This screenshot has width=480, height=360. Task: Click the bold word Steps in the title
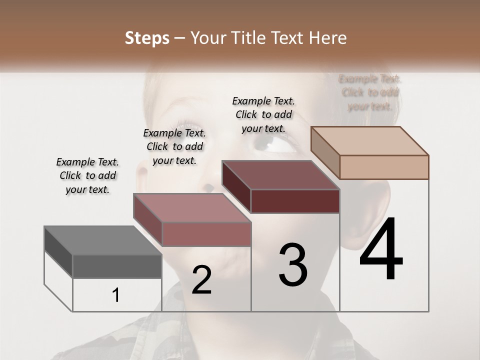(147, 38)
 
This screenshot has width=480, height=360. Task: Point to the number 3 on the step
(293, 265)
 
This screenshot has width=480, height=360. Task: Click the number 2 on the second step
(201, 280)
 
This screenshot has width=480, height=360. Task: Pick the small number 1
(116, 295)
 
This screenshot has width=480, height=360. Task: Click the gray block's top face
(102, 241)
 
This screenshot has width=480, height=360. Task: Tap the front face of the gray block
(117, 266)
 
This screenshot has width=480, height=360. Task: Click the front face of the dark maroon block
(295, 201)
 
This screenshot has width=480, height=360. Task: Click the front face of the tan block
(384, 167)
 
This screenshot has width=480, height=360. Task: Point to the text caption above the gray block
(87, 175)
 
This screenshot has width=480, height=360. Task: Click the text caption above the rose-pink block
(174, 146)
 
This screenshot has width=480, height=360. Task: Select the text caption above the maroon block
(263, 114)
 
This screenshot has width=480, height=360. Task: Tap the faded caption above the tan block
(370, 92)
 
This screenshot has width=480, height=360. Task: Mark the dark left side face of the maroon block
(236, 187)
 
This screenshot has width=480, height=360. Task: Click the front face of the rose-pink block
(206, 234)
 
